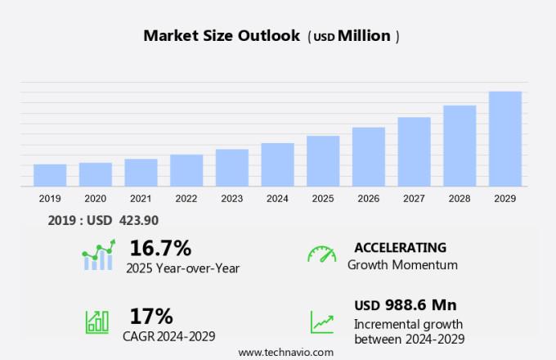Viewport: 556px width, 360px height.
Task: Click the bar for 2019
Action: [50, 175]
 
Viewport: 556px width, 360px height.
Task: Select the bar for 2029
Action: [505, 139]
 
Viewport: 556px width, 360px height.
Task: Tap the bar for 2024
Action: [278, 164]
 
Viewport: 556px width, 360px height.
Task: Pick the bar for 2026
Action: [369, 156]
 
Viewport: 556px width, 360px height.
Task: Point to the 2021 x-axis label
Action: [141, 198]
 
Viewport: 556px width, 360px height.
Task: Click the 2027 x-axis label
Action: [414, 198]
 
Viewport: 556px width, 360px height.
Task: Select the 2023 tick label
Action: [231, 198]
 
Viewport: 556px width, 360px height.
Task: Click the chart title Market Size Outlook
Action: [221, 36]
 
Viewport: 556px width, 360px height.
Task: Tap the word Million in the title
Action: [364, 36]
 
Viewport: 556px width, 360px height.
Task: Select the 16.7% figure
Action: [160, 248]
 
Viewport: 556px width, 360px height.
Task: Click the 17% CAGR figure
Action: [151, 316]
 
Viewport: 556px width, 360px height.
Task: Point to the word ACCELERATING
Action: [400, 247]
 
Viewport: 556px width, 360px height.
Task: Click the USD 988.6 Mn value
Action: [405, 305]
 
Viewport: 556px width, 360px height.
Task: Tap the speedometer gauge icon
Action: [321, 254]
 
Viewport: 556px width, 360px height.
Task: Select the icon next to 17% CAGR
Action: [97, 322]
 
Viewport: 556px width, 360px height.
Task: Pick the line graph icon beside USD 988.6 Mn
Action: [321, 322]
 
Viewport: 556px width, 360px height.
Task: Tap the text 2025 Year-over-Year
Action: [182, 267]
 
